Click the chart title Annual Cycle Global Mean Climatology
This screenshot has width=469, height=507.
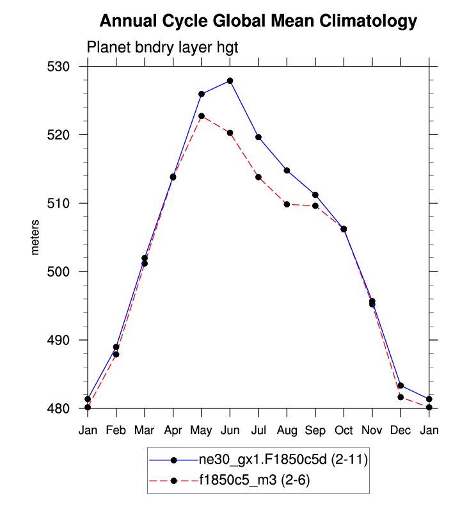coord(258,21)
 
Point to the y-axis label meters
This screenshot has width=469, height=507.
coord(35,237)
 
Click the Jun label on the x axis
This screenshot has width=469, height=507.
coord(230,430)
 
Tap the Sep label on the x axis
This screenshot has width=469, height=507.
coord(315,430)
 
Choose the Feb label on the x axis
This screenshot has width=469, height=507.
coord(116,430)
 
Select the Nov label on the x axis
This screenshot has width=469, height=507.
coord(372,430)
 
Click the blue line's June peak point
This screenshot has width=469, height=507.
coord(230,81)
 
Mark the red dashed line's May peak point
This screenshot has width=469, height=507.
coord(202,116)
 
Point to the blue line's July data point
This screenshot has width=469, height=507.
coord(258,137)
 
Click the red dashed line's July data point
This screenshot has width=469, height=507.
coord(258,177)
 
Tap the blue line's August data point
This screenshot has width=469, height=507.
coord(287,170)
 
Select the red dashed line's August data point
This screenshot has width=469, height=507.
coord(287,204)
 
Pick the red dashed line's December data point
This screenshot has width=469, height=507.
coord(401,397)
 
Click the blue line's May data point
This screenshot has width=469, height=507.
coord(202,94)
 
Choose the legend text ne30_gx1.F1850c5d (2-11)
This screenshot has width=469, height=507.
coord(283,460)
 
